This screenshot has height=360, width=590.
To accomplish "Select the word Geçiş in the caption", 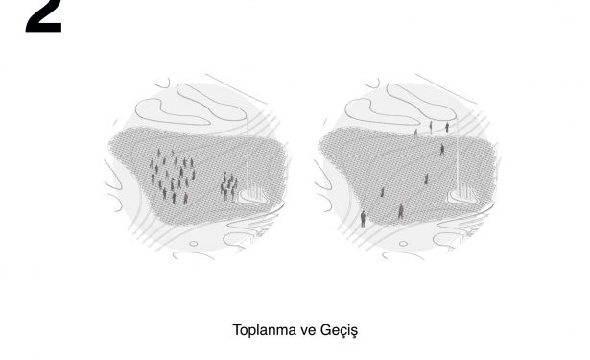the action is [339, 330].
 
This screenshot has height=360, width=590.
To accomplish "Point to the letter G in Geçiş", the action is [325, 330].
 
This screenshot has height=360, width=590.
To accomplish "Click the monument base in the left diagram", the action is [252, 196].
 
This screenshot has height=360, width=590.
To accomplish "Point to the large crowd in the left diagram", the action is [173, 175].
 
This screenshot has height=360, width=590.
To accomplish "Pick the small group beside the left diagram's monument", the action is [228, 186].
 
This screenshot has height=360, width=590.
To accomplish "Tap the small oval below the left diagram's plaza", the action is [194, 244].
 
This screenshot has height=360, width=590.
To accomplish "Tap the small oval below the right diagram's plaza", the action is [403, 244].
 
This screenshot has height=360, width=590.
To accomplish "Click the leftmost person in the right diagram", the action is [363, 219].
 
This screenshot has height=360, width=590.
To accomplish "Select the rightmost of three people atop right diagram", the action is [447, 128].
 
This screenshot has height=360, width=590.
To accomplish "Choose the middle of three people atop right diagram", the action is [431, 127].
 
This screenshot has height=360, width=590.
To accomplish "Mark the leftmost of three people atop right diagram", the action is [415, 132].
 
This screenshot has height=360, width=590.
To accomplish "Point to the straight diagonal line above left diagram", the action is [236, 89].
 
